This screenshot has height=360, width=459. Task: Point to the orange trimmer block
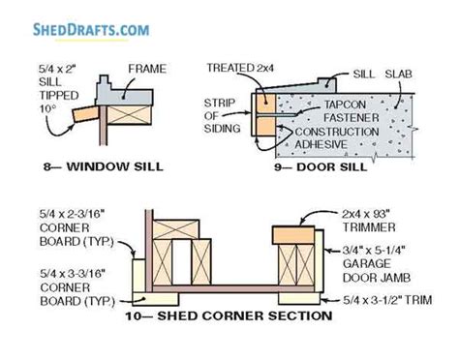coord(294,235)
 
